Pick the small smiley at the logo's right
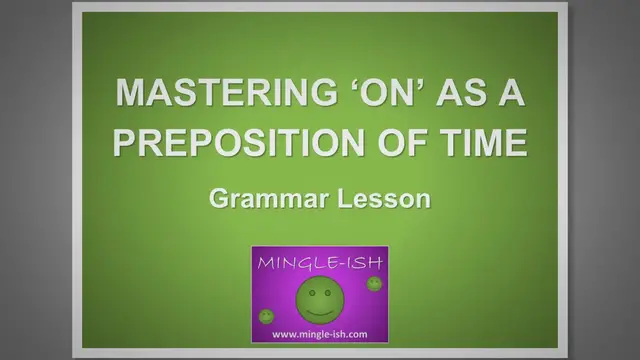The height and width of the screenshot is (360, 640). tap(373, 285)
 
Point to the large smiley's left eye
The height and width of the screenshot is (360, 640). tap(310, 290)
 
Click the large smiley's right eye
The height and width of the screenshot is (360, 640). tap(327, 290)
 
